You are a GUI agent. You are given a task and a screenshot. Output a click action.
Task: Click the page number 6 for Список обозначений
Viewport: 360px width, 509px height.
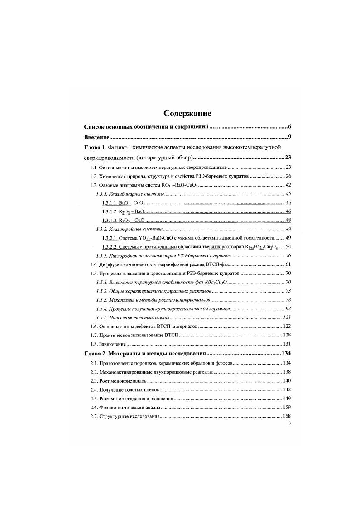288,126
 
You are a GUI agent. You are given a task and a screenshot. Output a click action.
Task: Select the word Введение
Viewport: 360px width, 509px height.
96,137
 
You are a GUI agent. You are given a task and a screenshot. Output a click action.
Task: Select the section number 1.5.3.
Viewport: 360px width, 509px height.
101,300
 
